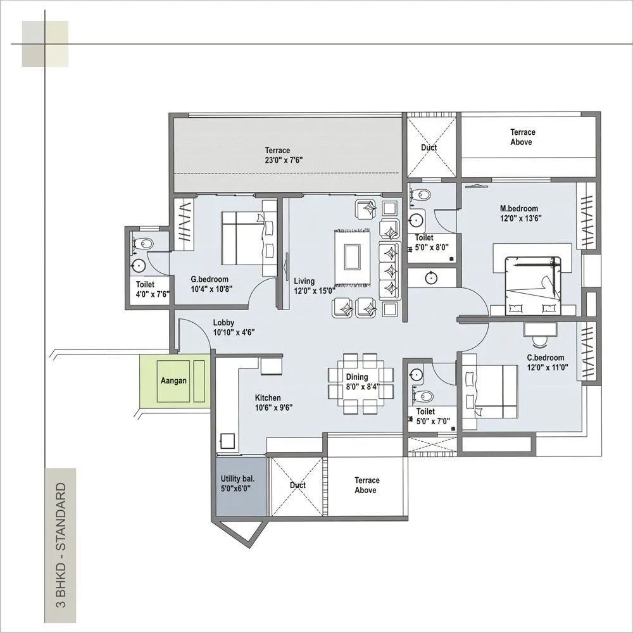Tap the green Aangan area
[x=173, y=381]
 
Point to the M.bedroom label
[x=518, y=213]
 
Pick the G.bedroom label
[x=210, y=284]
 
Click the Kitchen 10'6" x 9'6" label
[x=273, y=403]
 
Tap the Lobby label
[x=234, y=327]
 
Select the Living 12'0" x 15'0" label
[x=314, y=285]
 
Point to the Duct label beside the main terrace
[x=429, y=148]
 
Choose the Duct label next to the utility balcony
[x=298, y=486]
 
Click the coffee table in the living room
[x=353, y=256]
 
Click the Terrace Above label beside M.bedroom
[x=523, y=137]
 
